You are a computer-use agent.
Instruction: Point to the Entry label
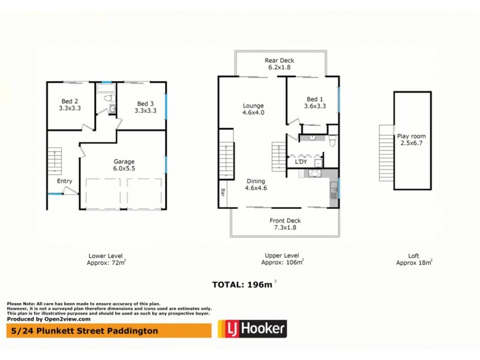64,181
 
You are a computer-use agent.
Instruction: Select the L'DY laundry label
301,162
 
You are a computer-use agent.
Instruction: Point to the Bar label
223,194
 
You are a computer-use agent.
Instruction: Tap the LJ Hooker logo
251,328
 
